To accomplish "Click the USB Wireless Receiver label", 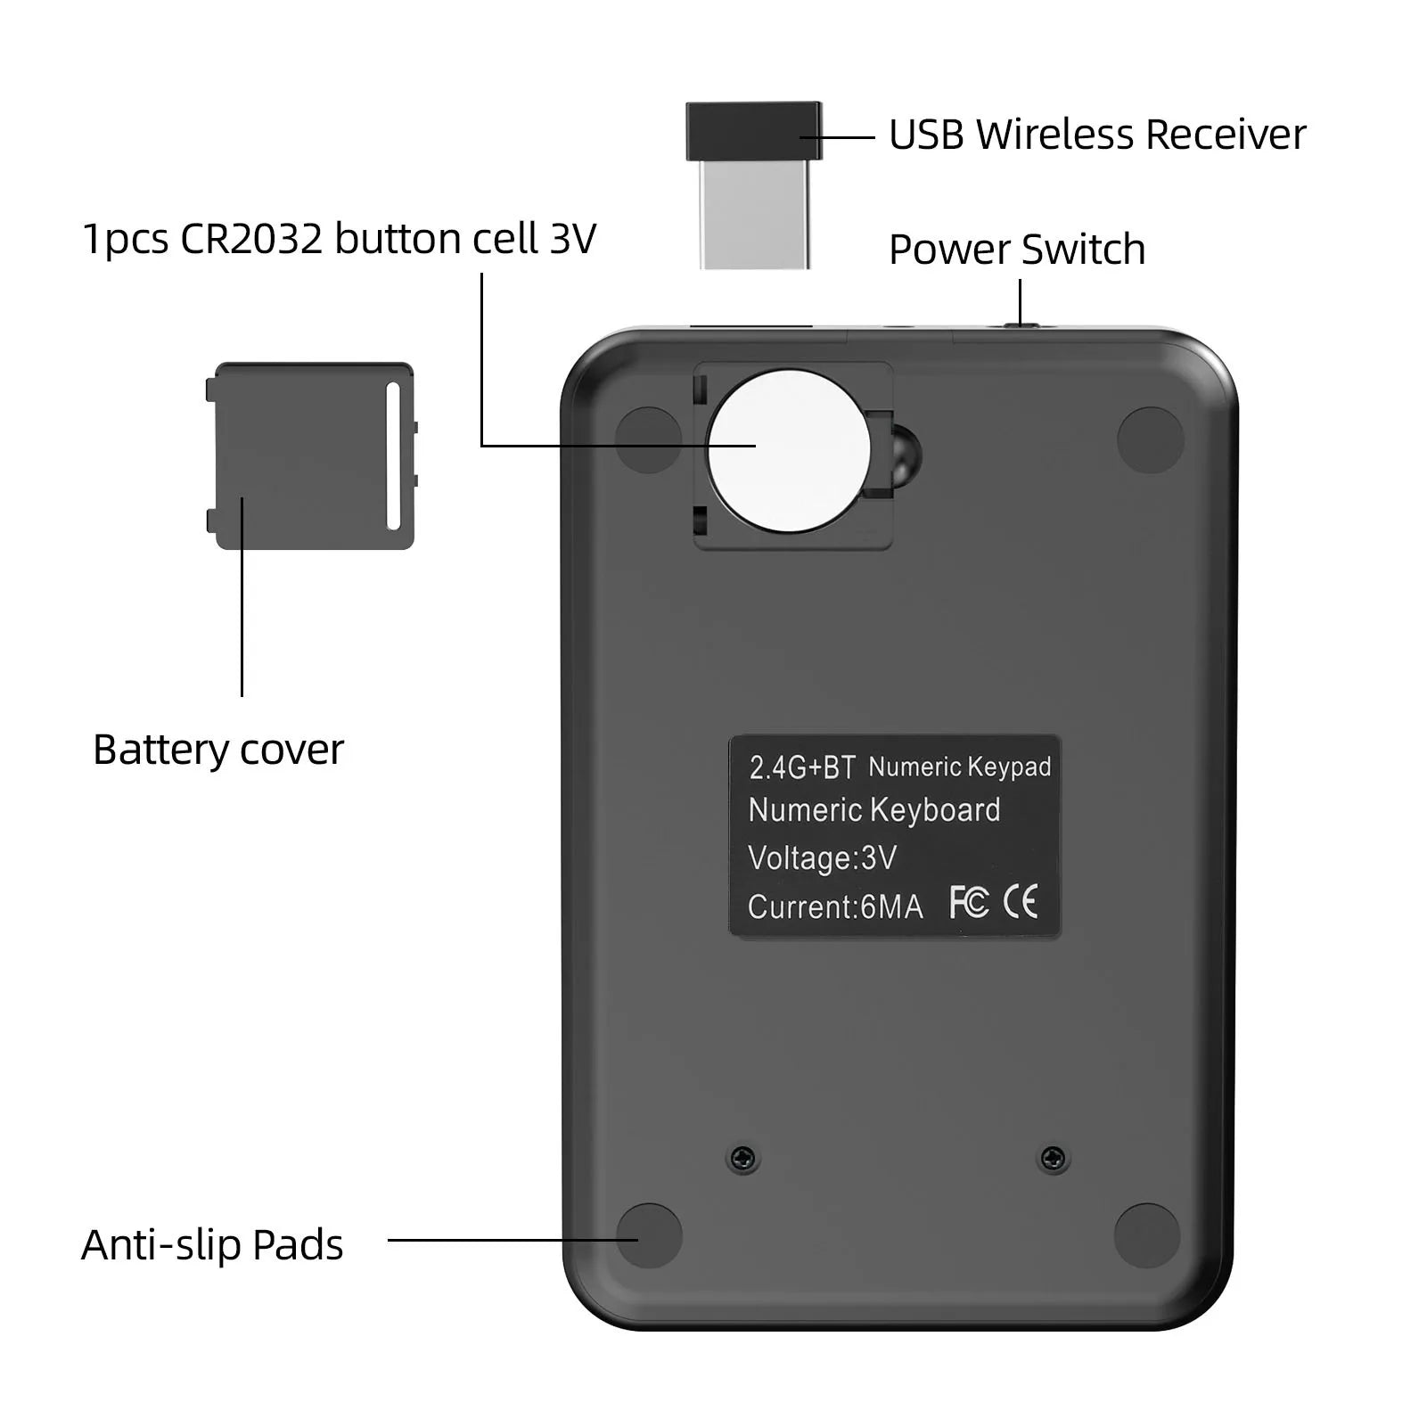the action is coord(1097,135).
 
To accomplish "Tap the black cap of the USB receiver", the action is coord(754,131).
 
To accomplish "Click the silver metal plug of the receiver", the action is coord(755,215).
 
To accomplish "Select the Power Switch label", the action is coord(1017,250).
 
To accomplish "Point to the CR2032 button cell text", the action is coord(339,239).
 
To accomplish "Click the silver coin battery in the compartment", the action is coord(789,451).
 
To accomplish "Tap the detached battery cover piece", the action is coord(310,455).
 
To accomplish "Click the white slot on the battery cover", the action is coord(393,456).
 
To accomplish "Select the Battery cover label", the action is coord(218,750).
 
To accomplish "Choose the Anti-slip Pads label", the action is coord(212,1245).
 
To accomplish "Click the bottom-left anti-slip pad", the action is coord(649,1236).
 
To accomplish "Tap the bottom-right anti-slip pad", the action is coord(1147,1236).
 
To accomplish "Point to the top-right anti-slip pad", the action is coord(1151,440).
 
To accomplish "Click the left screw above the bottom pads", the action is coord(743,1159).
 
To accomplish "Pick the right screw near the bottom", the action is coord(1054,1159).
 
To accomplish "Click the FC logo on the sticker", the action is coord(969,902).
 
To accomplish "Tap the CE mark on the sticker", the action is coord(1021,902).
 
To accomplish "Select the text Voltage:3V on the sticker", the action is coord(822,858).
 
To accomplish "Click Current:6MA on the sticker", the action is coord(835,907).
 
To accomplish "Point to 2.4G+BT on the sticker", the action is coord(802,767).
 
